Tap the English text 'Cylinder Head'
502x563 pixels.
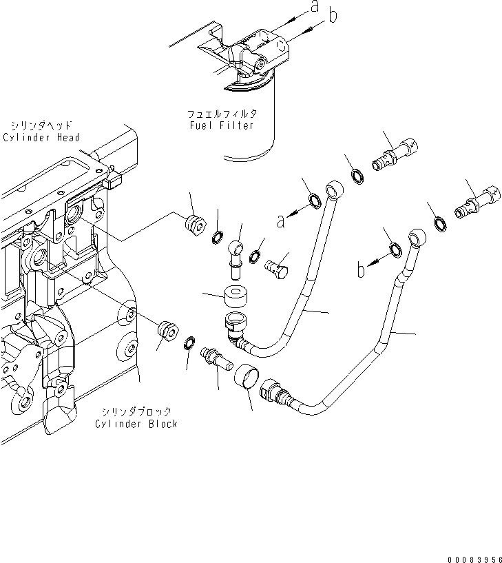pos(41,137)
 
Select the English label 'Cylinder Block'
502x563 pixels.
pos(136,423)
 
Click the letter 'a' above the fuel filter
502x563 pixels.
pos(314,8)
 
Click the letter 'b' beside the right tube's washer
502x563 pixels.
pos(361,270)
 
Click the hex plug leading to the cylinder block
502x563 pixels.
pos(165,331)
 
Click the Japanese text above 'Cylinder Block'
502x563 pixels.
pos(137,411)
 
